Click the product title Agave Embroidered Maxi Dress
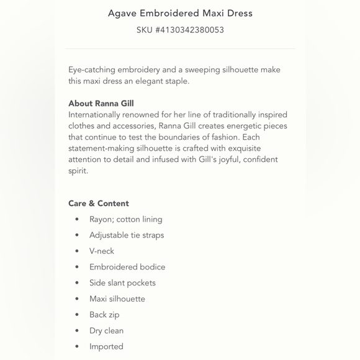point(180,13)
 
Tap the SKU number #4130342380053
point(180,30)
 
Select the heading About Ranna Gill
point(101,104)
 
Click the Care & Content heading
point(99,204)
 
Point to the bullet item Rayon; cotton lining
point(125,219)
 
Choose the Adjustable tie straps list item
point(127,235)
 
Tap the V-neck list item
point(102,251)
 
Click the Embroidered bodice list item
point(127,267)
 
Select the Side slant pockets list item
point(122,283)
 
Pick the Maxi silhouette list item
point(117,299)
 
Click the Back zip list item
point(104,315)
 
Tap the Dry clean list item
point(106,331)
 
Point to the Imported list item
point(106,346)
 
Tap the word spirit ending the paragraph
point(78,171)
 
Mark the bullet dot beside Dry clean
point(77,331)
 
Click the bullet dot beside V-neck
point(77,251)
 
